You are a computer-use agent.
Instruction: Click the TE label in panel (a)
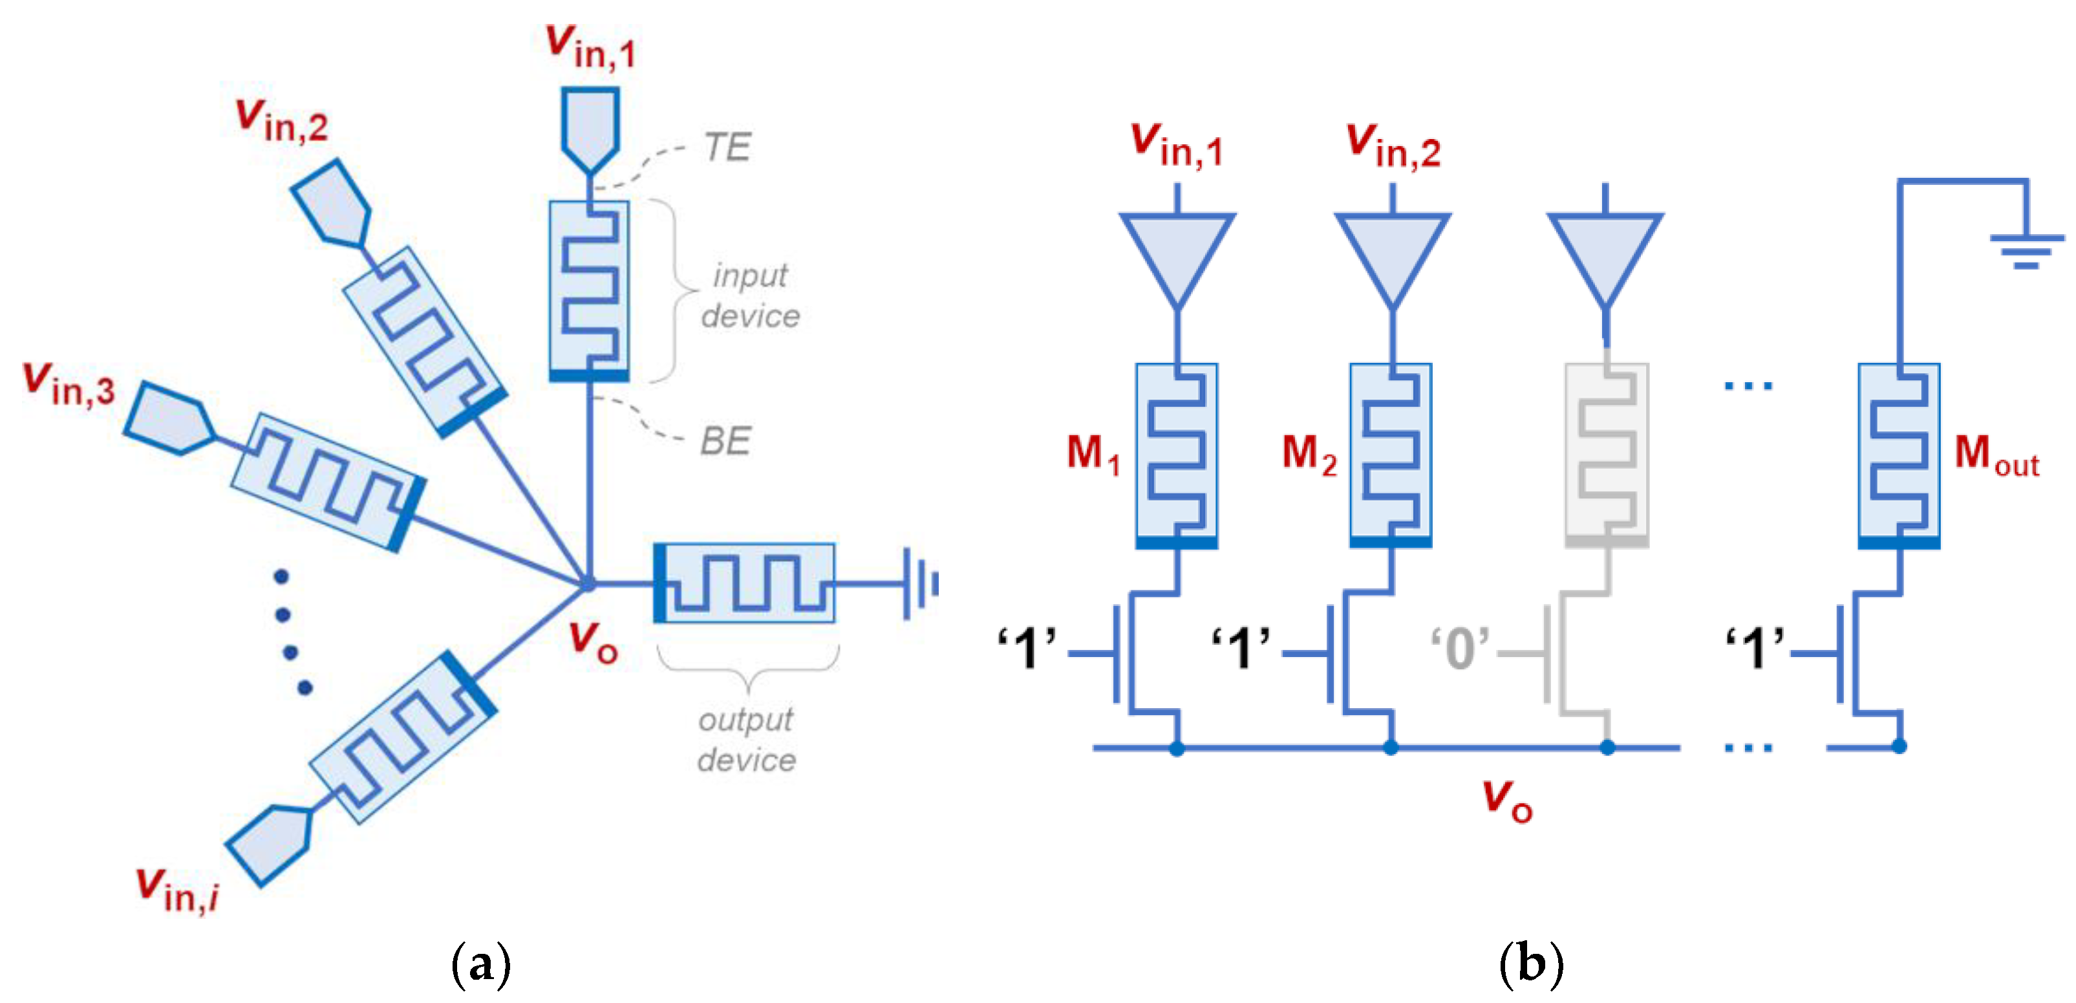(727, 147)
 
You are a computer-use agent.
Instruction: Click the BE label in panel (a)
(725, 441)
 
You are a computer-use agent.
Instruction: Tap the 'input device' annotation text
(749, 295)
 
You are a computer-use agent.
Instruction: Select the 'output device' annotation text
(746, 739)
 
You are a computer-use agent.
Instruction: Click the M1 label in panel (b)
(1093, 454)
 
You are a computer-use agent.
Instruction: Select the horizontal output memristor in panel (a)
(744, 583)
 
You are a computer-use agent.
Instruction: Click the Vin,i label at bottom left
(177, 889)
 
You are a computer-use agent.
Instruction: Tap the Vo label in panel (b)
(1507, 801)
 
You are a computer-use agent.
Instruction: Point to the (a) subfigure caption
(481, 964)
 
